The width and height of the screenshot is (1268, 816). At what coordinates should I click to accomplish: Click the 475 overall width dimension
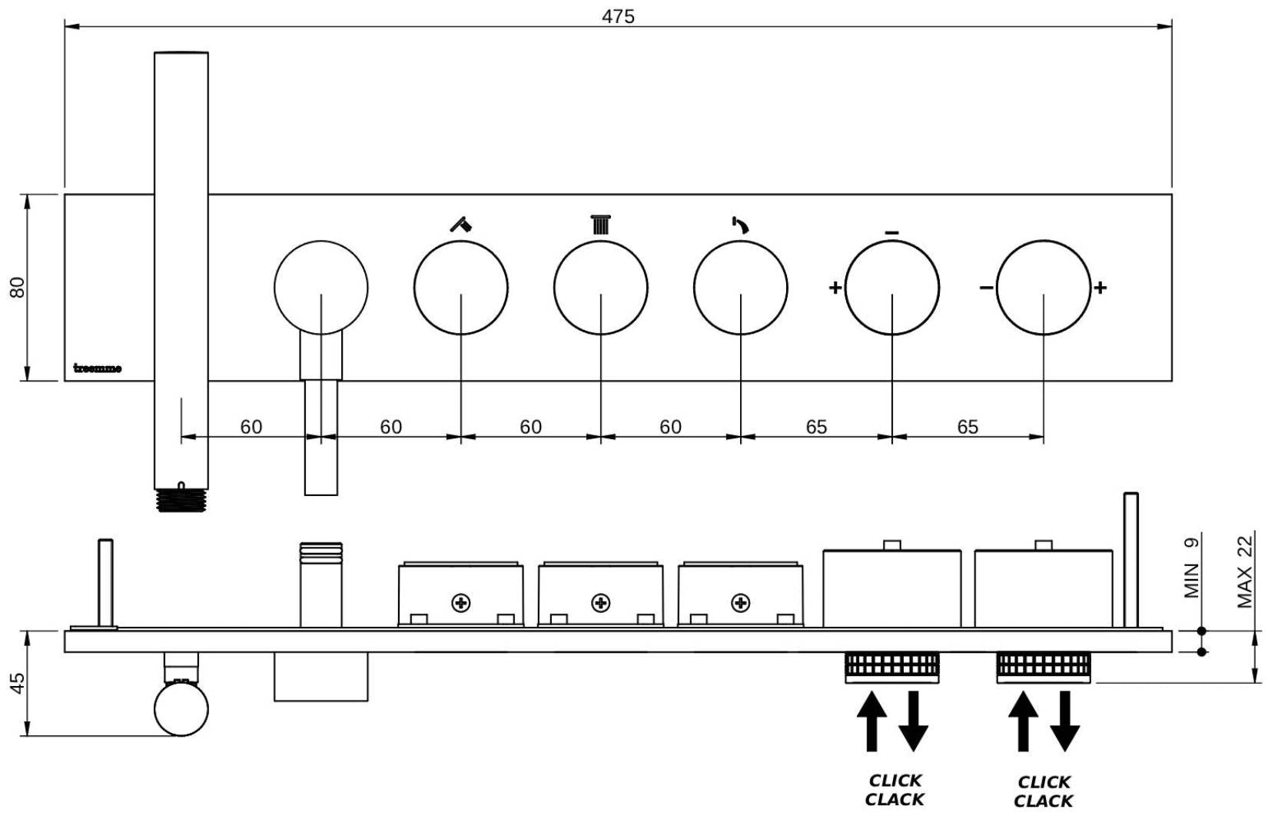coord(618,16)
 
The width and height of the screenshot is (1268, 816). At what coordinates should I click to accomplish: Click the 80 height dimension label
coord(17,287)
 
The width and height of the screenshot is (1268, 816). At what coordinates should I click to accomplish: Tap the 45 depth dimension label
coord(17,683)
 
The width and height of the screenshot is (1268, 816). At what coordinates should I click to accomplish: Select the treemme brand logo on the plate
coord(98,368)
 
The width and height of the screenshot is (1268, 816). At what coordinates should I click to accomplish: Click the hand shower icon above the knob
coord(461,225)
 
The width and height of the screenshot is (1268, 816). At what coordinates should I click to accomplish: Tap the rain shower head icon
coord(601,225)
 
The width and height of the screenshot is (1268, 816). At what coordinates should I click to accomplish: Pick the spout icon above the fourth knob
coord(741,225)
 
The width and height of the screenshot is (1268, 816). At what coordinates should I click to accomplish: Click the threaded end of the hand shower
coord(181,501)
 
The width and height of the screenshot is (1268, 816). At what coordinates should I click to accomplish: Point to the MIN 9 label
coord(1191,568)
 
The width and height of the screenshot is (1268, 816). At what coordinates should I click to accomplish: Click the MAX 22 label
coord(1245,572)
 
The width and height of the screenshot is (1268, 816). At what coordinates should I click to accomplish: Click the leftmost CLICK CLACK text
coord(895,790)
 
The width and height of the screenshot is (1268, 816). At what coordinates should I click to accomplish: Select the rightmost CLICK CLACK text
coord(1044,791)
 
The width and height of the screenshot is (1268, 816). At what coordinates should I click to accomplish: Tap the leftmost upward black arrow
coord(871,721)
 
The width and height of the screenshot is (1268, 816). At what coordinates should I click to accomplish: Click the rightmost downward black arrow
coord(1065,721)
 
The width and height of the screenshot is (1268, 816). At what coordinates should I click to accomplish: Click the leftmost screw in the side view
coord(461,602)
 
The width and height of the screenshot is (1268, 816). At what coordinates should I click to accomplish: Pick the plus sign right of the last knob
coord(1100,288)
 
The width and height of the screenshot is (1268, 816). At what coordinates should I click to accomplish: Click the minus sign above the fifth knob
coord(891,232)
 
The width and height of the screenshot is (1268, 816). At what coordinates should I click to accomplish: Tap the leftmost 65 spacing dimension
coord(816,427)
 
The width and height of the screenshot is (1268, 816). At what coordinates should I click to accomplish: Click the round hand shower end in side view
coord(181,710)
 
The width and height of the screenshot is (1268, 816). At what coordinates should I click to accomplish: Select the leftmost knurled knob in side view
coord(891,666)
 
